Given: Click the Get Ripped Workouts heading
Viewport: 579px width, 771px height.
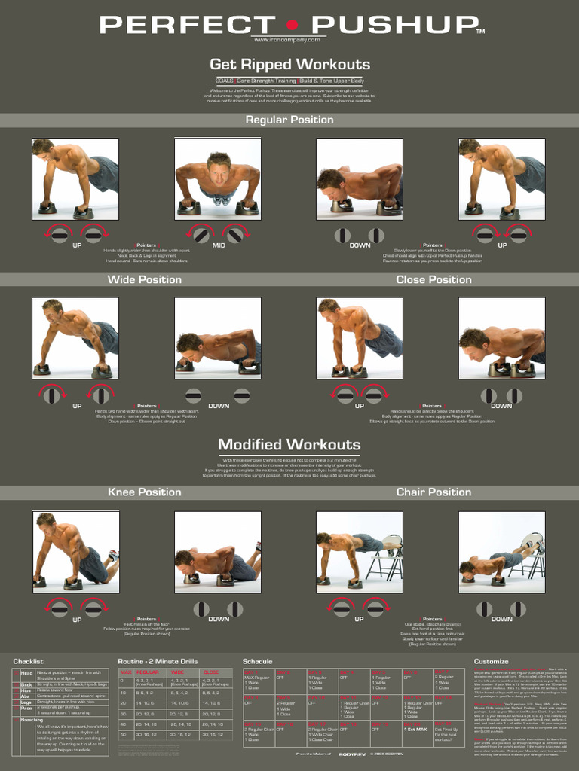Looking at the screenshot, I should pos(289,64).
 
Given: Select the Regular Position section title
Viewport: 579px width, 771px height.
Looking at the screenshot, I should pos(289,120).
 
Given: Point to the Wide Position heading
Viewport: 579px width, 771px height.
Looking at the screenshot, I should pos(144,279).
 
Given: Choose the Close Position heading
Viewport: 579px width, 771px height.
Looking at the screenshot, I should pos(433,279).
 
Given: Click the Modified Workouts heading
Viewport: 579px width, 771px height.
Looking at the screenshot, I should pos(289,444).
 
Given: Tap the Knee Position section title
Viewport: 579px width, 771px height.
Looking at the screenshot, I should pos(144,492).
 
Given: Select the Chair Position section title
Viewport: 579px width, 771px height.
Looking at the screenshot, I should pos(433,492).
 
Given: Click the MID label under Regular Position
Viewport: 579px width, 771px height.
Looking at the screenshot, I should pos(219,245).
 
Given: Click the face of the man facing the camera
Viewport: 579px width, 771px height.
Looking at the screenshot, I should pos(219,172).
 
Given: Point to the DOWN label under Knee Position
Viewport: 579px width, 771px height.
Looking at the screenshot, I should pos(219,620).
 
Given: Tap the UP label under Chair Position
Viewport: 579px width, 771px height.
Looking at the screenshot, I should pos(360,620).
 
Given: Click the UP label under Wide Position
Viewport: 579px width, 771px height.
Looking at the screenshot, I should pos(77,406).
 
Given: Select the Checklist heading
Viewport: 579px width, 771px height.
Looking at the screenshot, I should pos(28,661).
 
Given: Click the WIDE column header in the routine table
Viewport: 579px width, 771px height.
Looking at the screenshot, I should pos(178,672).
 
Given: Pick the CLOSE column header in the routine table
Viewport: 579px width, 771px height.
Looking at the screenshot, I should pos(211,672).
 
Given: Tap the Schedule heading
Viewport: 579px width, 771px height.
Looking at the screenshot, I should pos(257,661).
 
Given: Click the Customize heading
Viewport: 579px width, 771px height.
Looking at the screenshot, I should pos(491,661).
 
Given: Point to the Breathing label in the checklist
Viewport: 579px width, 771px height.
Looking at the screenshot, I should pos(32,720).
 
